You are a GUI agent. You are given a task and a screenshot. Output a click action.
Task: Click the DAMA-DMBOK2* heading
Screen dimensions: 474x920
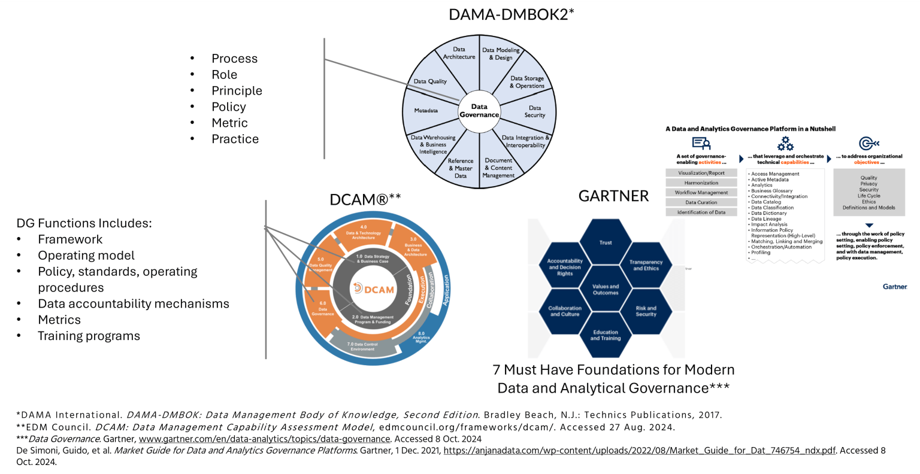[x=511, y=14]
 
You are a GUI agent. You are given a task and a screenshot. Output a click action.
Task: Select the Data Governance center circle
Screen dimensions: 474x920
[x=479, y=111]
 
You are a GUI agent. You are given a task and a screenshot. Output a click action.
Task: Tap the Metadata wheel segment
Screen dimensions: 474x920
[x=426, y=111]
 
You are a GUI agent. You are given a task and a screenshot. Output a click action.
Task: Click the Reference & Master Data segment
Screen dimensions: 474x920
[x=461, y=168]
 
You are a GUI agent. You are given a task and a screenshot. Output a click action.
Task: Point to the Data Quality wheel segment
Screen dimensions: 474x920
[x=430, y=81]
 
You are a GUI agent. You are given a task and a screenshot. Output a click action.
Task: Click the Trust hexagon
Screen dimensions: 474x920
[x=606, y=242]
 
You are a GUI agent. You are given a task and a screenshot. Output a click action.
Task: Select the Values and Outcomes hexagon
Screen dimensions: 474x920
[x=606, y=290]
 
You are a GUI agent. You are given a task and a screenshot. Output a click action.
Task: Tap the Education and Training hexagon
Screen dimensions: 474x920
[x=606, y=335]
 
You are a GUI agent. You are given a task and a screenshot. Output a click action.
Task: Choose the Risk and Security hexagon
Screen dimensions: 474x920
[x=646, y=311]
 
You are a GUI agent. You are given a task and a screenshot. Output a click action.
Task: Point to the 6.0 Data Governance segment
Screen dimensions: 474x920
[x=323, y=309]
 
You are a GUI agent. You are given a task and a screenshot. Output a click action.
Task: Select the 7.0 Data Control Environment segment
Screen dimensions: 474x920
[x=363, y=346]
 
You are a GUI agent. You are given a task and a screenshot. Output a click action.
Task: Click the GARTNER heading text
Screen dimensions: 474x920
[x=613, y=196]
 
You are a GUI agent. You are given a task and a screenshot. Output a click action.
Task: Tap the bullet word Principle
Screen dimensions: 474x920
[x=237, y=91]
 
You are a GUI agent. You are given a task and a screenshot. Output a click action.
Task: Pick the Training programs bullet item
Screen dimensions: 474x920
[x=89, y=336]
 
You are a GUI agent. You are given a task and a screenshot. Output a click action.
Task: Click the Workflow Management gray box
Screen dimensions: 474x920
[x=701, y=193]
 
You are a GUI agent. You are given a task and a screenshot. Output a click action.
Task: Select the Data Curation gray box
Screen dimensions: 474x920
[x=701, y=202]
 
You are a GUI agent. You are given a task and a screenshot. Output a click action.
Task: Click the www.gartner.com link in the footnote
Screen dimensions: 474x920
[x=264, y=439]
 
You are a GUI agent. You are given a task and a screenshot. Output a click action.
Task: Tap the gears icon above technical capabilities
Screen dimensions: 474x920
[x=785, y=144]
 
